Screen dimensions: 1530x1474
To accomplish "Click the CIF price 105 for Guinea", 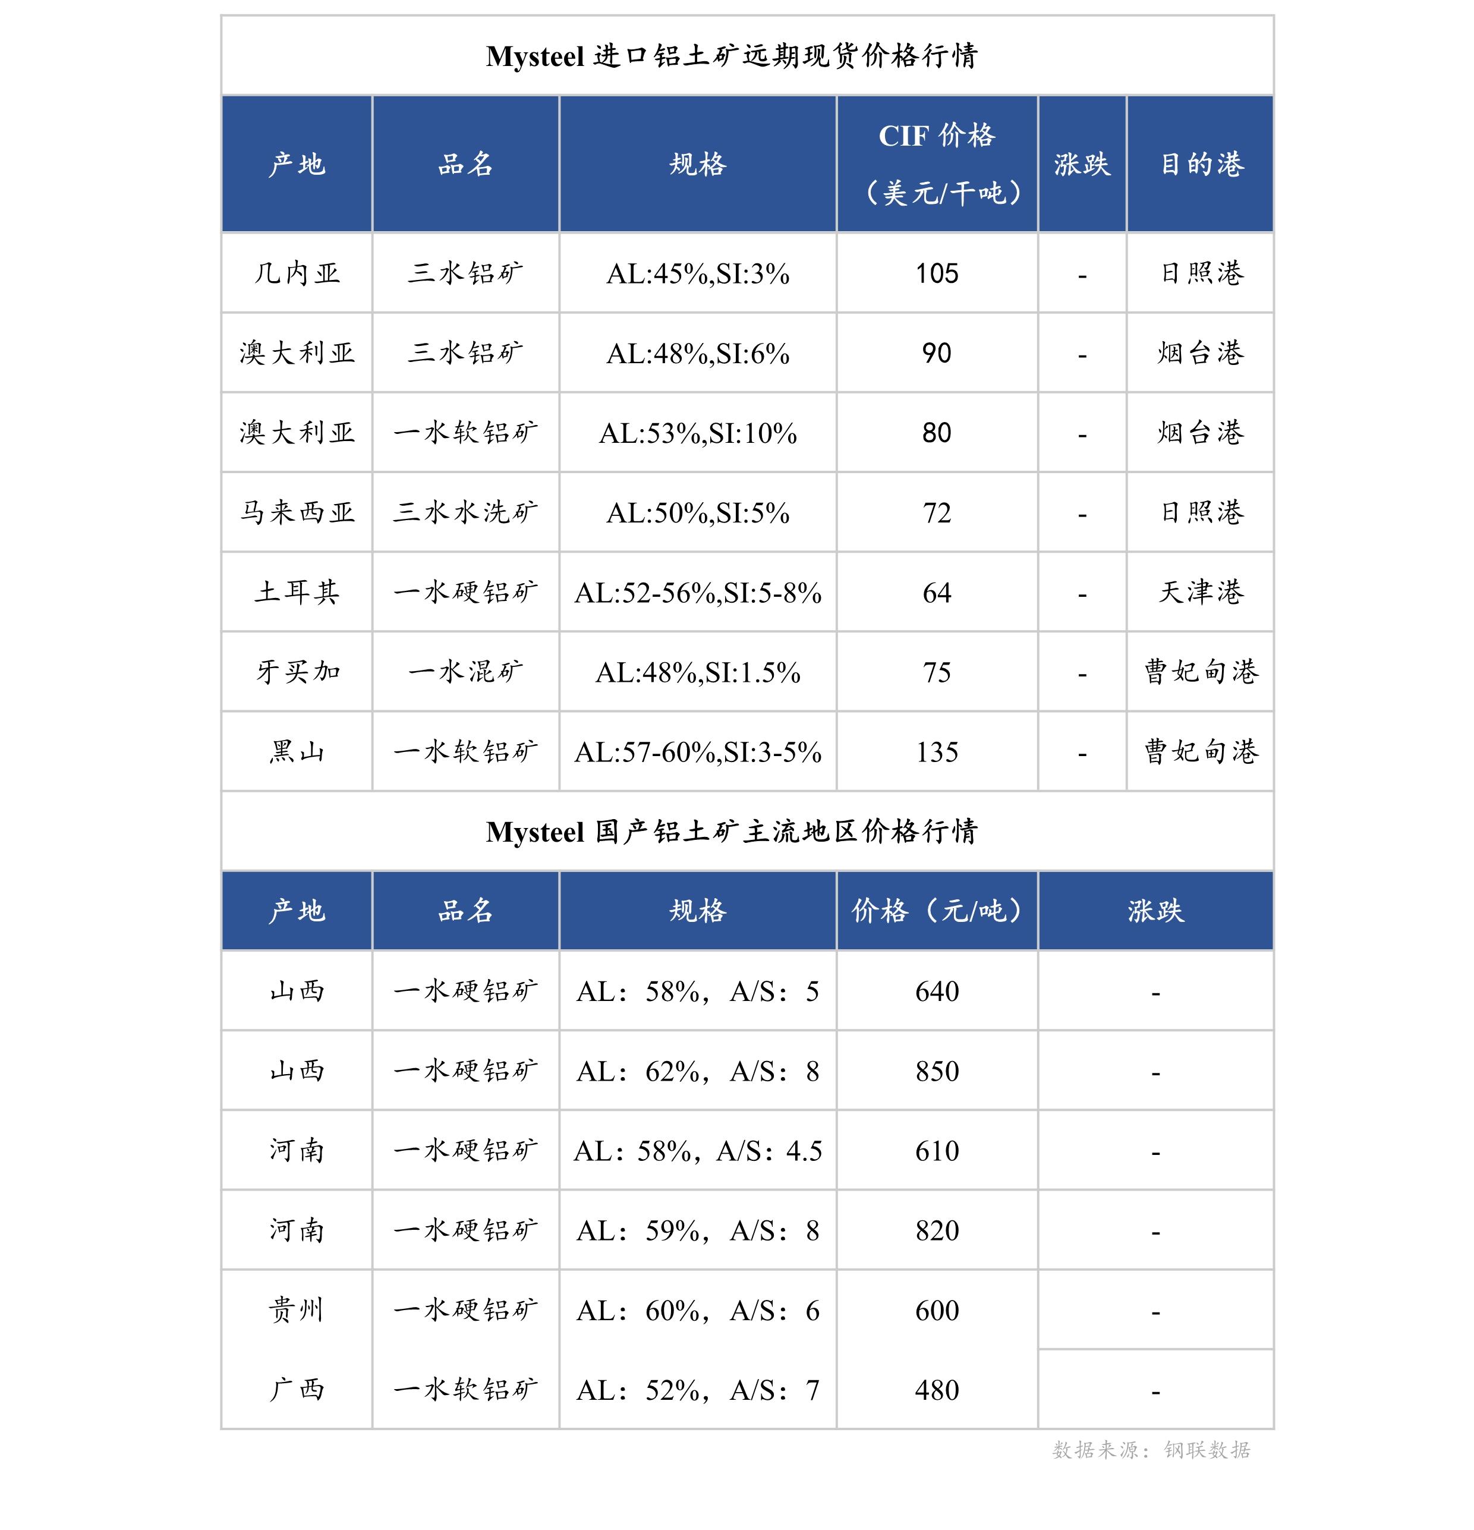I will (936, 273).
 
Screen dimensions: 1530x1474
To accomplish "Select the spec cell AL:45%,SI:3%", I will (697, 274).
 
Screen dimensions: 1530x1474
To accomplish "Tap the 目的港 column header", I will (1201, 164).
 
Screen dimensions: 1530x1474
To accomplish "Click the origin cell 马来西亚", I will (297, 512).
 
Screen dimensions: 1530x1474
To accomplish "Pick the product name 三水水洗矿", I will (465, 512).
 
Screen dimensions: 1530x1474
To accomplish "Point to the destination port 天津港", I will (1201, 591).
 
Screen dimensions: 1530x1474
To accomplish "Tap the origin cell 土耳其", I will (297, 591).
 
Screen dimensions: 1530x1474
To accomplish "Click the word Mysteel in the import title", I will (535, 56).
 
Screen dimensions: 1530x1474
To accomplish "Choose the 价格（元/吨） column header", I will (936, 910).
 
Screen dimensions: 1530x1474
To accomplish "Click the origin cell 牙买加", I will (297, 671).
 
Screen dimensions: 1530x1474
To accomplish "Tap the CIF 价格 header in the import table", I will (936, 137).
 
